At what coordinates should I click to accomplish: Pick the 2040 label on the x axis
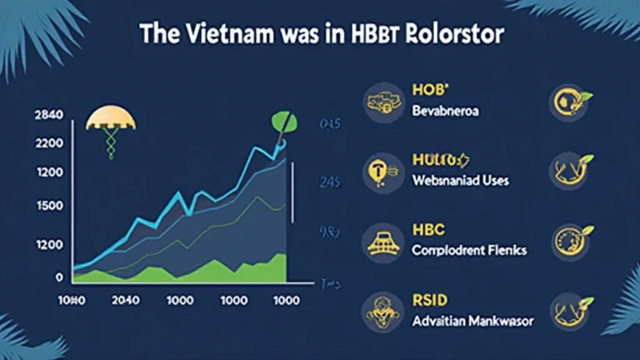tap(124, 301)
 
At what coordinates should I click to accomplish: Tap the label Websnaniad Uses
tap(462, 180)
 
